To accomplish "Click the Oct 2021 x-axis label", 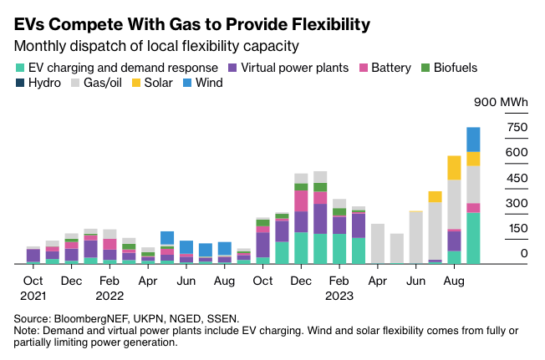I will (33, 287).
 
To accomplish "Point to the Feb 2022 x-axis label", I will (110, 287).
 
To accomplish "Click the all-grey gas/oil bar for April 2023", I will (377, 243).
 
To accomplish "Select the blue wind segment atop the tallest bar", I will (473, 139).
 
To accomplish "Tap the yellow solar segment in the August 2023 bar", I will (454, 167).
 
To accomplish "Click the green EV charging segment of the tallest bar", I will (473, 238).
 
